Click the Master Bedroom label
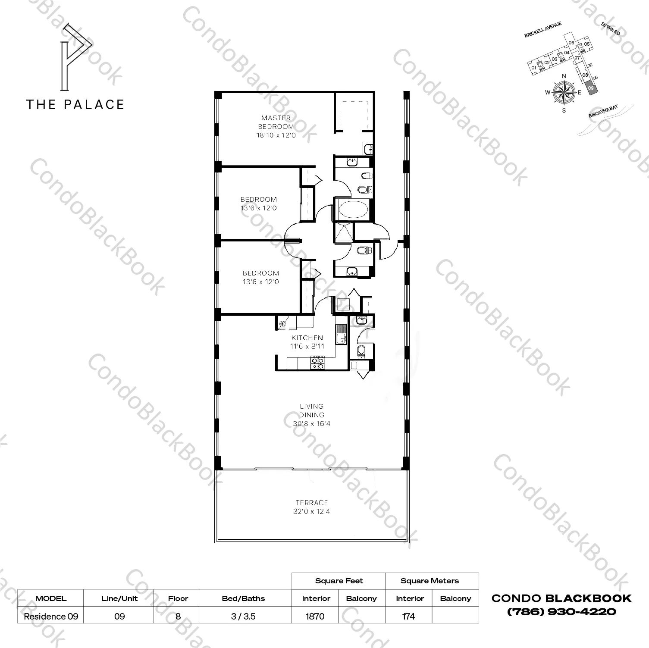276,122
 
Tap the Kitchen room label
307,338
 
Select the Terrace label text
312,503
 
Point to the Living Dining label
312,410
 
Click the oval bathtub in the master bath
353,211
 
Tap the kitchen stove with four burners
317,363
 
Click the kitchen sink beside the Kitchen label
342,335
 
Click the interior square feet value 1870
315,616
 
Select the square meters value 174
408,616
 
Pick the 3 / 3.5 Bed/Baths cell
243,616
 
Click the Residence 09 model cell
51,616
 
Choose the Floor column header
178,598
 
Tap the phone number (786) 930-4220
561,611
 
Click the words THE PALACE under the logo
75,104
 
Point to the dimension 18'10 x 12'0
276,135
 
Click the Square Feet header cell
339,581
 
